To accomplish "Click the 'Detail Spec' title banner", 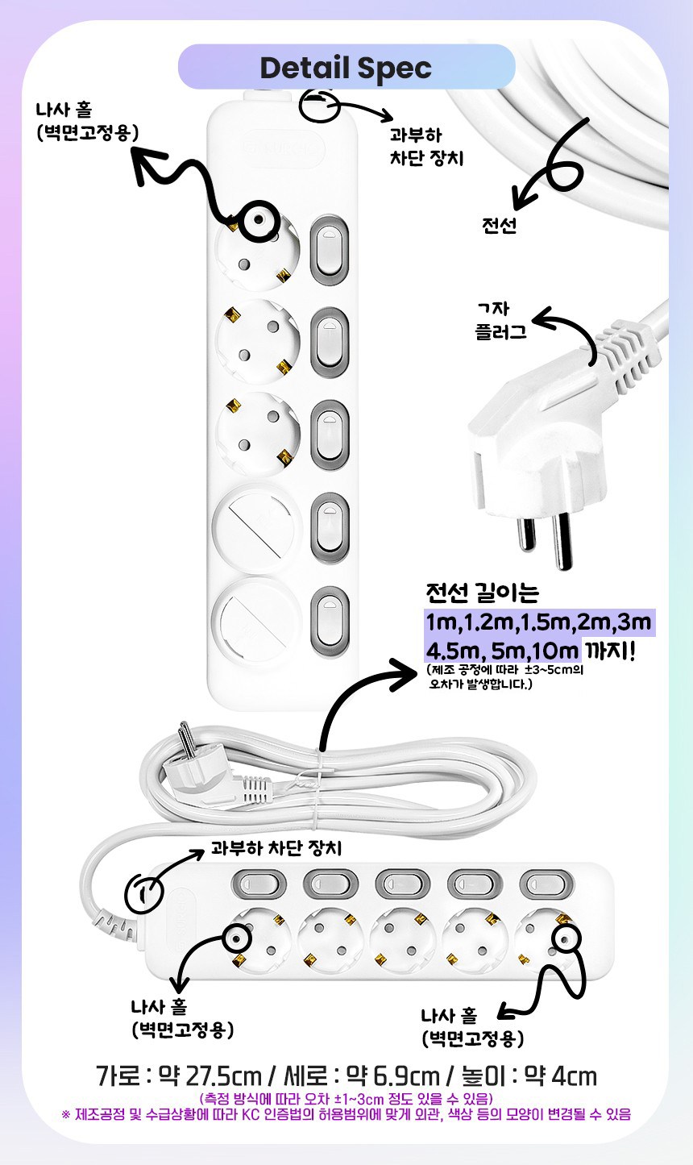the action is click(346, 67).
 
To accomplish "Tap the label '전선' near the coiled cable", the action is click(499, 225).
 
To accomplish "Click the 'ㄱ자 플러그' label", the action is click(500, 320).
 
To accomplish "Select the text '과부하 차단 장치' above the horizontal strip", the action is click(276, 848).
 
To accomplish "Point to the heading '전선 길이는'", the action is click(483, 592).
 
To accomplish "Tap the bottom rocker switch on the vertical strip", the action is click(329, 621).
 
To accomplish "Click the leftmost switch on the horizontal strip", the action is click(259, 883).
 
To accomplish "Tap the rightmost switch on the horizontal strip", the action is click(547, 883).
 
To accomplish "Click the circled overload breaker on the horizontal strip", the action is click(143, 894).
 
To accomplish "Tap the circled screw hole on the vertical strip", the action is click(258, 221).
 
